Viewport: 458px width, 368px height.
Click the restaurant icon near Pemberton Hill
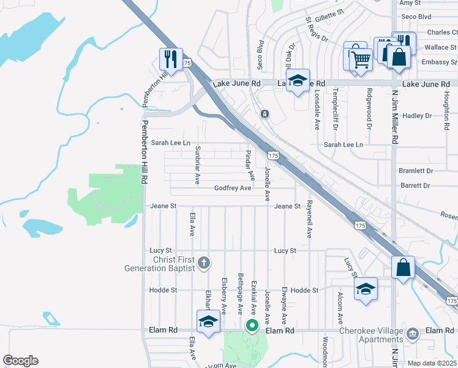[x=170, y=59]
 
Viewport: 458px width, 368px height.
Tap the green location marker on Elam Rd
[x=251, y=326]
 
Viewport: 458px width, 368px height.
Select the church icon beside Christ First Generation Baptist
[x=205, y=263]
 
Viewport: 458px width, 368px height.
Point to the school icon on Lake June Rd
[x=298, y=81]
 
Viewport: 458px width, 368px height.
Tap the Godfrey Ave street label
[x=233, y=188]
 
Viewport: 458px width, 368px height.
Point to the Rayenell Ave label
[x=310, y=218]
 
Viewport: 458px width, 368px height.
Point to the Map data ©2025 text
[x=432, y=363]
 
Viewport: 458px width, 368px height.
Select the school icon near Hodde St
[x=366, y=289]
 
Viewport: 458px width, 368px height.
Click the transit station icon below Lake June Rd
[x=265, y=113]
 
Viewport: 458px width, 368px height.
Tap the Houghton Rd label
[x=447, y=107]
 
